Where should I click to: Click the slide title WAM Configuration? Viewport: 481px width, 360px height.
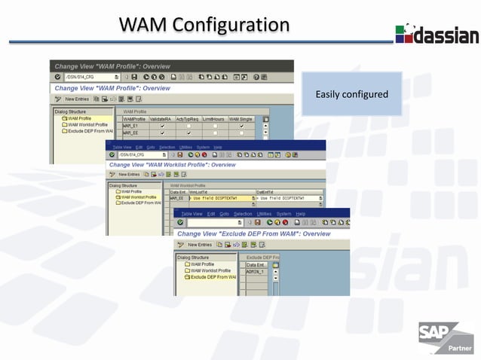click(x=204, y=24)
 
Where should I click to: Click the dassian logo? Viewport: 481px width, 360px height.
click(x=437, y=34)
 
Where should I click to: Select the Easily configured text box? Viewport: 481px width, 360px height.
click(x=351, y=94)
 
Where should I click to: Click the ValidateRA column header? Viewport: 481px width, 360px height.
click(x=161, y=119)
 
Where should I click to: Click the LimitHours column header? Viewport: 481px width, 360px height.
click(x=214, y=119)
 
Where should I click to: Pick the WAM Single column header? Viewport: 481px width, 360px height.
click(x=242, y=119)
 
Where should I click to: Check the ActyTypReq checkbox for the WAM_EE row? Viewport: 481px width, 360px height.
click(x=188, y=133)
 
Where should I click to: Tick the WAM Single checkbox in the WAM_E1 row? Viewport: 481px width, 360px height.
click(x=241, y=126)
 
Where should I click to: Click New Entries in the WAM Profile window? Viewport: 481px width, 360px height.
click(x=76, y=99)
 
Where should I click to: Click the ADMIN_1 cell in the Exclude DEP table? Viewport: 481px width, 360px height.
click(x=256, y=271)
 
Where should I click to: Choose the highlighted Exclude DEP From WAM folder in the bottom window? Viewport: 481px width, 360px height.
click(x=211, y=277)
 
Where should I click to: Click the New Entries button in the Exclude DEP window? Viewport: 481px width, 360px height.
click(x=199, y=245)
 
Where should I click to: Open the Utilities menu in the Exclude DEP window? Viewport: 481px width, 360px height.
click(x=264, y=214)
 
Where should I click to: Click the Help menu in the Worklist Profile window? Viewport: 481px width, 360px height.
click(x=217, y=146)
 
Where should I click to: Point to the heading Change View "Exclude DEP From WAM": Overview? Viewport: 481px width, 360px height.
click(x=253, y=233)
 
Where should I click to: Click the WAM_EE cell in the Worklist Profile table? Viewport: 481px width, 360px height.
click(x=177, y=198)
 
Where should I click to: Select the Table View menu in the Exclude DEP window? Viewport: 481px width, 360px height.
click(x=191, y=214)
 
